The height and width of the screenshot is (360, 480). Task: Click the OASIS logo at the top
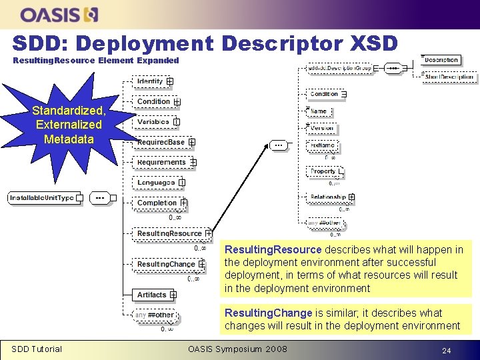(60, 14)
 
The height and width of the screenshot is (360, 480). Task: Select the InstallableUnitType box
(42, 198)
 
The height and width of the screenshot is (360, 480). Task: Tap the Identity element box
(150, 81)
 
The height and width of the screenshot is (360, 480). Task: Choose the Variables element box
(153, 122)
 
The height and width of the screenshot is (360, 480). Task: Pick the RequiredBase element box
(161, 142)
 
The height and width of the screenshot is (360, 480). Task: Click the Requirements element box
(162, 162)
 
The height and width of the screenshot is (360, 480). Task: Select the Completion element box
(157, 203)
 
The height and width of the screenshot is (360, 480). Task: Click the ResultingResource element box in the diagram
(169, 233)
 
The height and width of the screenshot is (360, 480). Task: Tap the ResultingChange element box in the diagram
(167, 264)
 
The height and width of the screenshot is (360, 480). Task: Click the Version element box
(322, 128)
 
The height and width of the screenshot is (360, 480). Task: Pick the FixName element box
(323, 145)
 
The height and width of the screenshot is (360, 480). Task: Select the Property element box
(323, 171)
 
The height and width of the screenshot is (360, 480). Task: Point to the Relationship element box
(328, 197)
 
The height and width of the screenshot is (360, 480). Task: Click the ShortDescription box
(449, 77)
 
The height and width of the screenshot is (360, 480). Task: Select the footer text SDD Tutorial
(37, 349)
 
